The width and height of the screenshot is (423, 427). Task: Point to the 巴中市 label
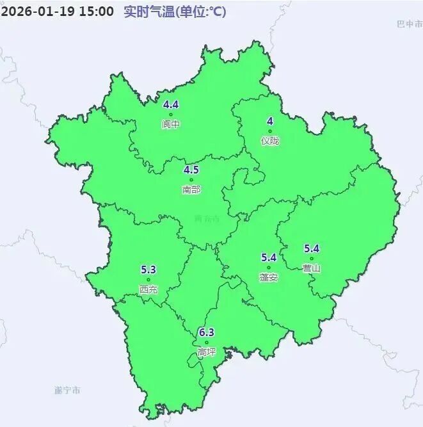[x=409, y=24]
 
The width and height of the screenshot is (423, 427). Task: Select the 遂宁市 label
[x=68, y=390]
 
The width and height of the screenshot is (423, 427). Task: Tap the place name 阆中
[x=171, y=124]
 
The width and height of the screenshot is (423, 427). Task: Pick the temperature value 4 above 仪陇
[x=270, y=122]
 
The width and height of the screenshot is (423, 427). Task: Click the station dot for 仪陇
[x=270, y=132]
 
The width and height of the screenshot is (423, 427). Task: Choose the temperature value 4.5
[x=191, y=170]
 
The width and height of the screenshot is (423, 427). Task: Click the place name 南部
[x=191, y=189]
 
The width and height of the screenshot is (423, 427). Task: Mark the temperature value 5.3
[x=148, y=270]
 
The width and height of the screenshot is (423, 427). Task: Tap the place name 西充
[x=148, y=289]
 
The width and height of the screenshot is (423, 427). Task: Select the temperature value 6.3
[x=206, y=332]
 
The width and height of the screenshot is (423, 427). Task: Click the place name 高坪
[x=206, y=352]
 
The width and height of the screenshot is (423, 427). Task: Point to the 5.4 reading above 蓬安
[x=268, y=257]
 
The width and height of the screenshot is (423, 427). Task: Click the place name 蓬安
[x=269, y=277]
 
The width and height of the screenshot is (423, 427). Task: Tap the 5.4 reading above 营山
[x=312, y=248]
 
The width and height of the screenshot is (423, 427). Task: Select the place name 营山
[x=312, y=268]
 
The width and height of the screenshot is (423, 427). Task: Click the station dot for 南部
[x=191, y=180]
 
